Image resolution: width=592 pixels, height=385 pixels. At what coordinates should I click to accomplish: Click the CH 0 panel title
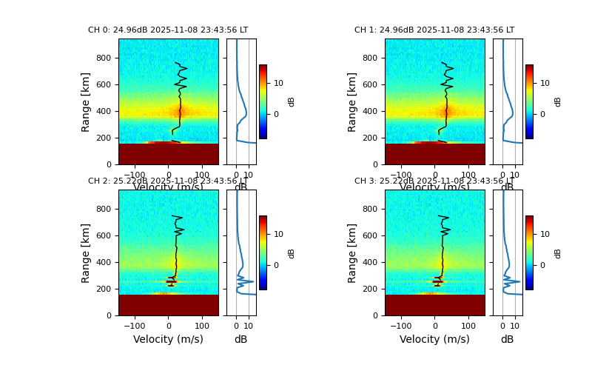point(168,30)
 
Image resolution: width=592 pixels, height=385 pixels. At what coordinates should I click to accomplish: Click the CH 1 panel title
point(434,30)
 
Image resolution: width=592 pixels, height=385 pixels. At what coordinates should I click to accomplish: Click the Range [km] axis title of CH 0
point(86,101)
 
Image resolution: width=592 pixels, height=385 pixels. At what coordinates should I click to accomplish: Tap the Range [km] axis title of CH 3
point(352,252)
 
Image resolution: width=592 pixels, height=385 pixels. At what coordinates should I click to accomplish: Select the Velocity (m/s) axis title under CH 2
point(168,339)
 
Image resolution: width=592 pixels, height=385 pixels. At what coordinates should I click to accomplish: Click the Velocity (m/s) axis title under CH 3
point(434,339)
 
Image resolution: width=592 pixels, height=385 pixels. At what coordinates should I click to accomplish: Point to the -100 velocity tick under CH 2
point(135,326)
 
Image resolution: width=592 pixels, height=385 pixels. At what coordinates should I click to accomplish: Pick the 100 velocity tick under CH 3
point(468,326)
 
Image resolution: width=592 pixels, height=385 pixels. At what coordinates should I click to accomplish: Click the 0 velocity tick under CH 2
point(168,326)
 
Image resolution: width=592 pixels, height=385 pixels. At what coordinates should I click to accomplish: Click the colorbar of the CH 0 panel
point(263,101)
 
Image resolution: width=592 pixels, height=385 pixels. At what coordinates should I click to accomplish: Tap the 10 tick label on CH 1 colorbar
point(545,83)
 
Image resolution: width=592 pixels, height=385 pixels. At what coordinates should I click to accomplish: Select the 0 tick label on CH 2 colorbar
point(278,265)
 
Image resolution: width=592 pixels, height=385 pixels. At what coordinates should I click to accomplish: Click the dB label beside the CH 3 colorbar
point(558,252)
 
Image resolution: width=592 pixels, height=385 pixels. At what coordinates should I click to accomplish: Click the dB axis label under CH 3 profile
point(507,339)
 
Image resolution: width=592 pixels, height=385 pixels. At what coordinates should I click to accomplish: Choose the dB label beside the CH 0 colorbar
point(292,101)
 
